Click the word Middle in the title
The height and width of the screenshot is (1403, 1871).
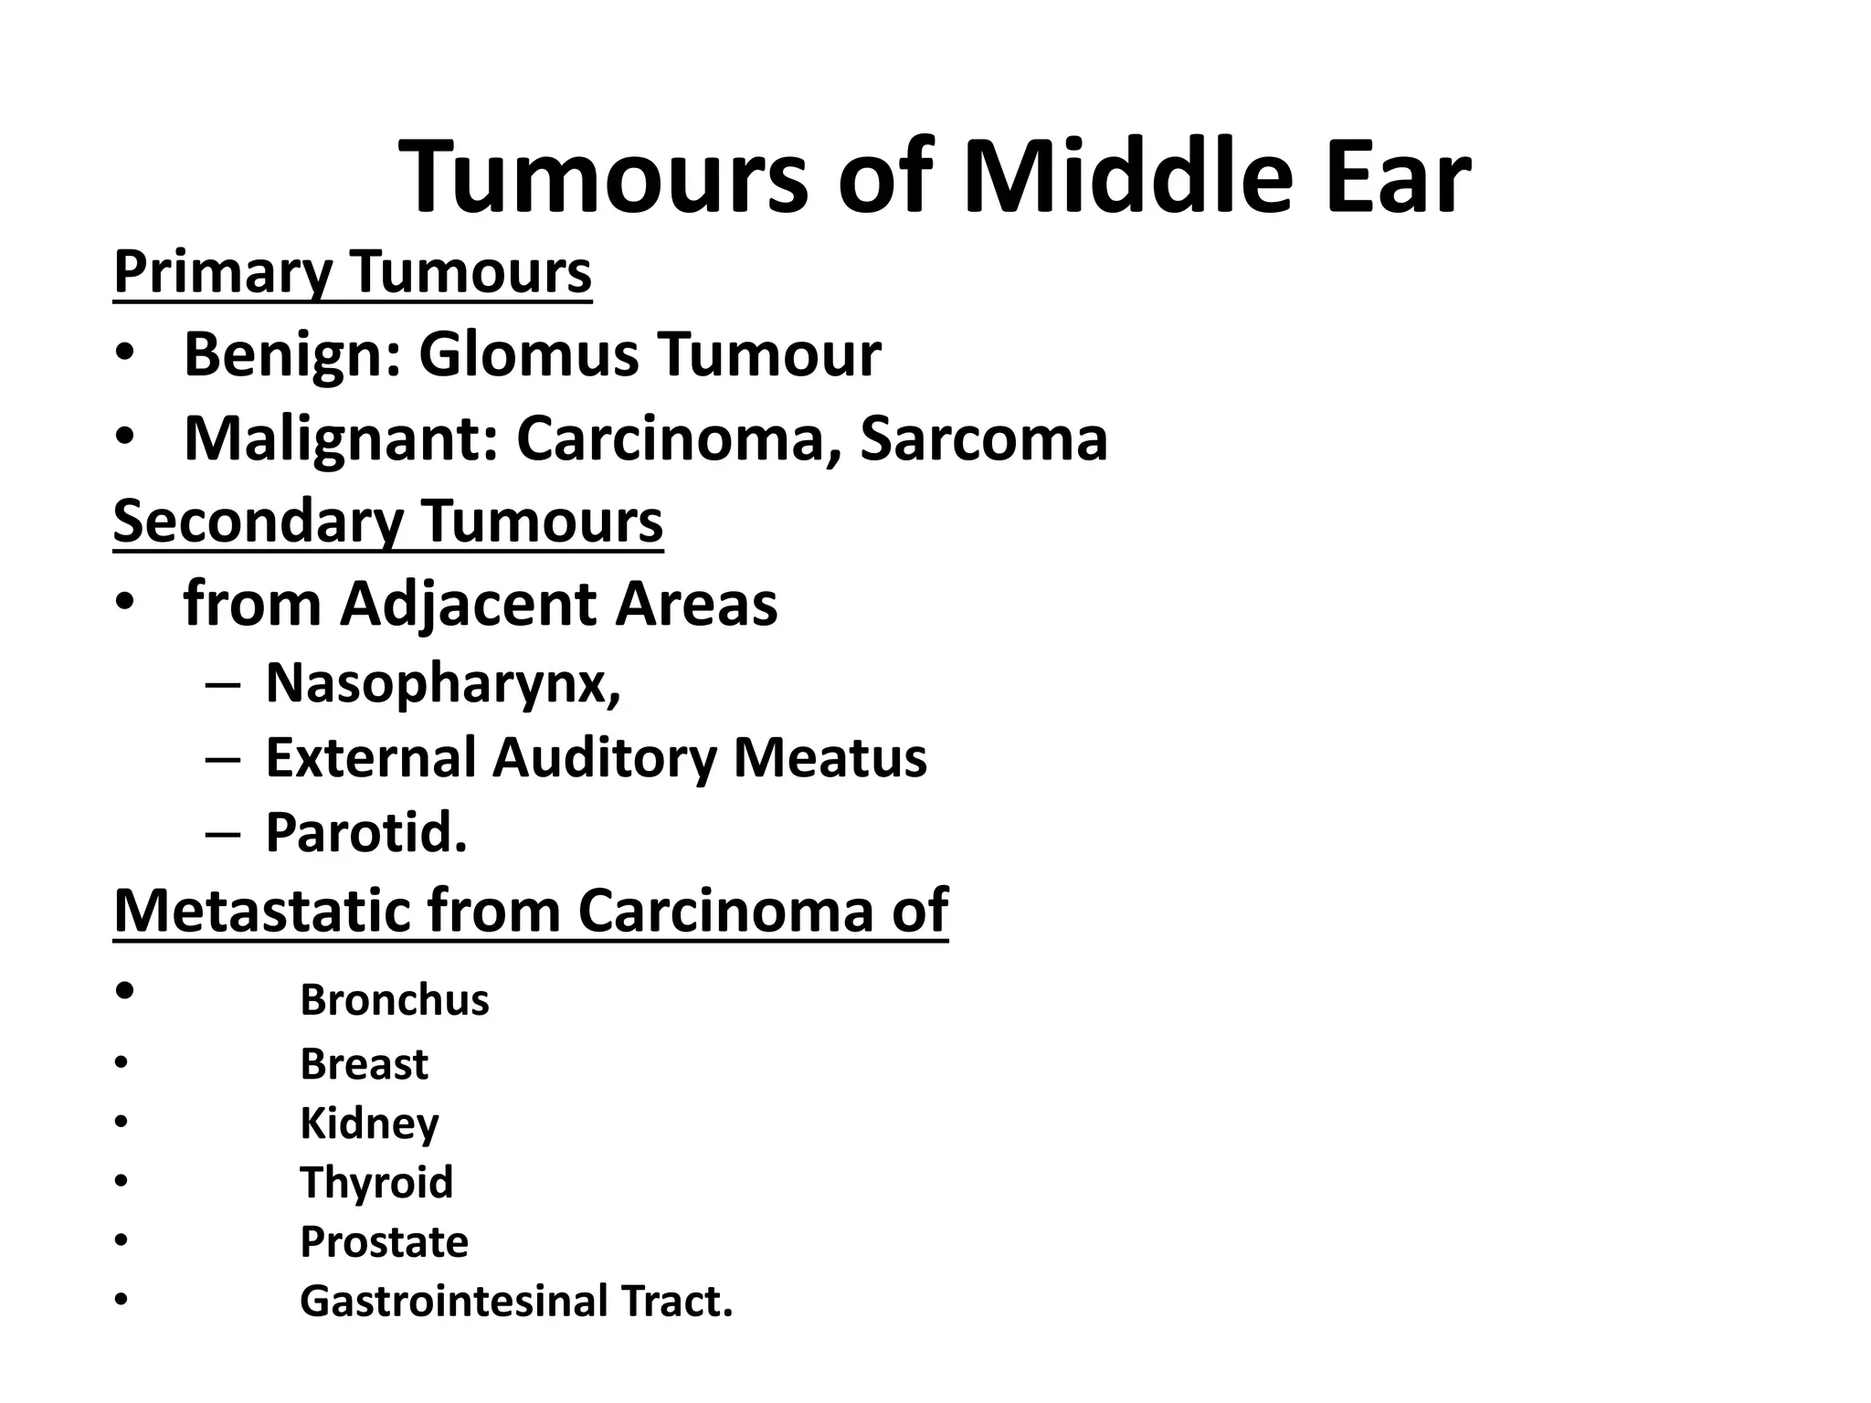coord(1128,175)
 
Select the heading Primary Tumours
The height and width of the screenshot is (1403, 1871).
coord(353,271)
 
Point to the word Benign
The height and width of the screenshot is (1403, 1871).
coord(291,354)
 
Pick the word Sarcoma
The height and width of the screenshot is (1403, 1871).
coord(983,438)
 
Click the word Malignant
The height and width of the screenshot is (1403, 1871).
coord(340,438)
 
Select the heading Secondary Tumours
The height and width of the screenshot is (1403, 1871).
coord(388,522)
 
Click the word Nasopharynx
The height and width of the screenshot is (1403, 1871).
coord(443,681)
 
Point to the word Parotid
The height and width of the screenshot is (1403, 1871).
coord(365,832)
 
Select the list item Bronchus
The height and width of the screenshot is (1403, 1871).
coord(395,1000)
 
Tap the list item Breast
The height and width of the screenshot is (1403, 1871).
coord(364,1064)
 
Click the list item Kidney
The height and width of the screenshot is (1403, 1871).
coord(369,1123)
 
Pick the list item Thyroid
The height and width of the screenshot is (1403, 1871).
coord(376,1183)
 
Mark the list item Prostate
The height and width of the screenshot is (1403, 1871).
coord(384,1242)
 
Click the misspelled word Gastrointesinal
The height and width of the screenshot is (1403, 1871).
coord(453,1302)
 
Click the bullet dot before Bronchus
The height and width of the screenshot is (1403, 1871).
coord(126,991)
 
